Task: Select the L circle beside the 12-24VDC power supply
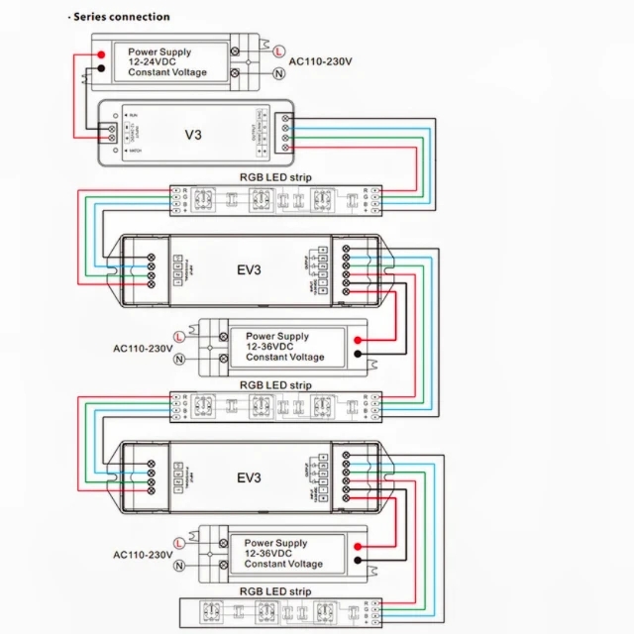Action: pyautogui.click(x=278, y=51)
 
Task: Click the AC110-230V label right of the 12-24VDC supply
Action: pyautogui.click(x=325, y=61)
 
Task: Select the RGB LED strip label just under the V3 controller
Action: pyautogui.click(x=275, y=177)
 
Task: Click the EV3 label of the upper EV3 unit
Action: pyautogui.click(x=249, y=268)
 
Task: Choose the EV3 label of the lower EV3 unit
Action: pyautogui.click(x=249, y=477)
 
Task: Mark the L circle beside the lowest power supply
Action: pyautogui.click(x=179, y=543)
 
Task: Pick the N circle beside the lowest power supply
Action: pyautogui.click(x=179, y=565)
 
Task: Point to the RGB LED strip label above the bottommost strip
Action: pyautogui.click(x=275, y=591)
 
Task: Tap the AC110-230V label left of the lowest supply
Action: pyautogui.click(x=143, y=555)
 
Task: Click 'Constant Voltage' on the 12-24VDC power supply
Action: pyautogui.click(x=167, y=72)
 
